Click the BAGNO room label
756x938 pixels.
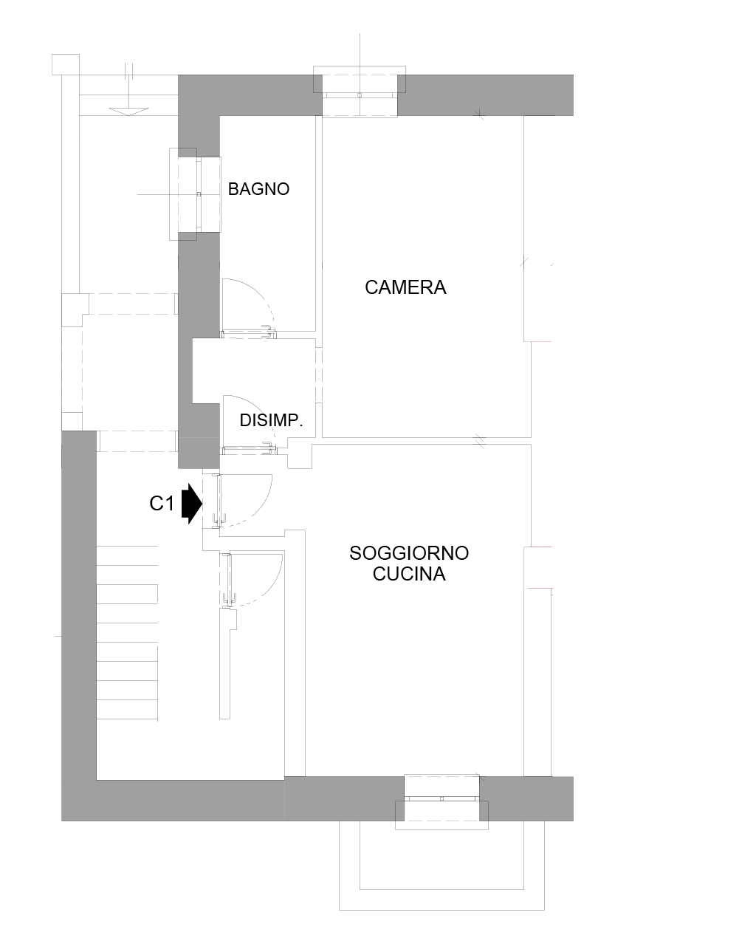point(258,189)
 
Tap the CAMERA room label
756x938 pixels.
point(405,287)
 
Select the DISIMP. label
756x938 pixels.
point(271,420)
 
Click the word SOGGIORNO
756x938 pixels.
point(409,553)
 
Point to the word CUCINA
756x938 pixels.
point(409,574)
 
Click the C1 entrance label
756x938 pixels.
point(162,504)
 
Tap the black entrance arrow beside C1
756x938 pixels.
point(192,504)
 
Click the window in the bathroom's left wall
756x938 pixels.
point(195,194)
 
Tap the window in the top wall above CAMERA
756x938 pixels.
point(360,92)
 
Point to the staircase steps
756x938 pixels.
point(127,633)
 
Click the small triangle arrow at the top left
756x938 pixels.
point(128,112)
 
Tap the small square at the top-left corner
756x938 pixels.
point(66,64)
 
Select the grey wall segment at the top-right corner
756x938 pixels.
point(485,95)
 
